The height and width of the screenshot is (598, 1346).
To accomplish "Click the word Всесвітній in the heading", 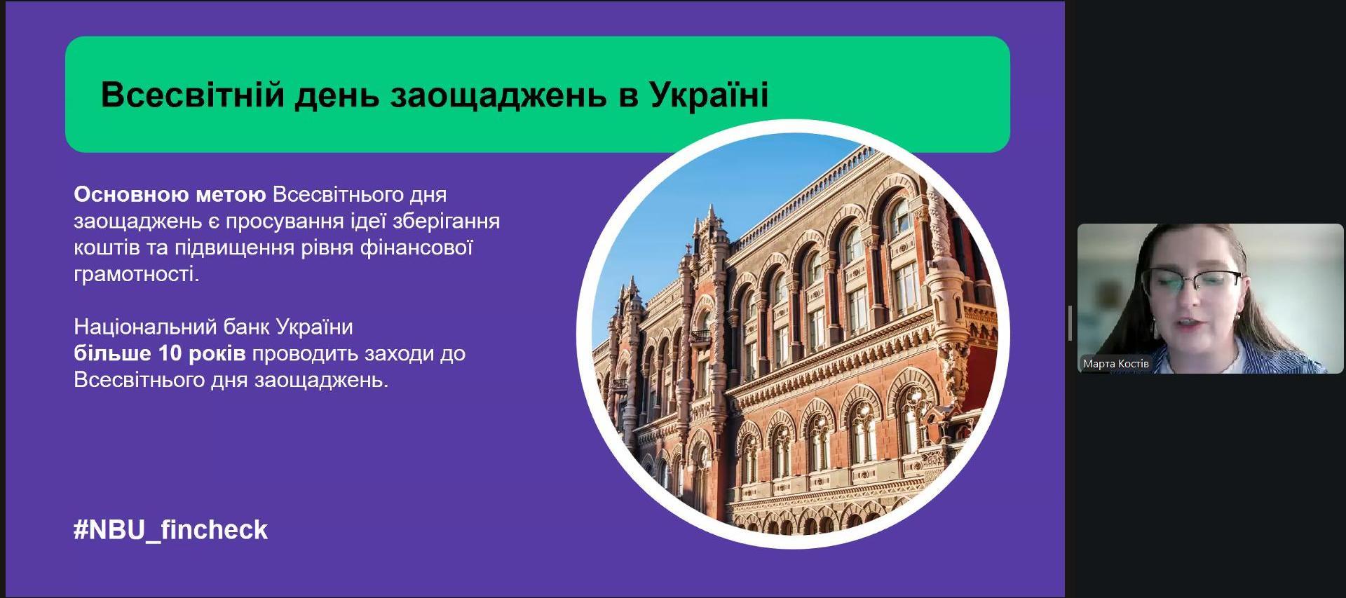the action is tap(192, 94).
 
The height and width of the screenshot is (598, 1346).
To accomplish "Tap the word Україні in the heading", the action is tap(709, 94).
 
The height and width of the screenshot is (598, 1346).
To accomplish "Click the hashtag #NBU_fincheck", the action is tap(170, 530).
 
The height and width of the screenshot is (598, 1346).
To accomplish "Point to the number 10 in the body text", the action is tap(170, 353).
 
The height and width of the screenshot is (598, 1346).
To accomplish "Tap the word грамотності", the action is tap(137, 274).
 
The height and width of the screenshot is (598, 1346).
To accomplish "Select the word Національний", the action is tap(146, 327).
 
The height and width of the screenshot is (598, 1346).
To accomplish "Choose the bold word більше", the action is tap(112, 353).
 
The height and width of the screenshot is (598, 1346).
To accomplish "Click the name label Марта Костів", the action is tap(1116, 364).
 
